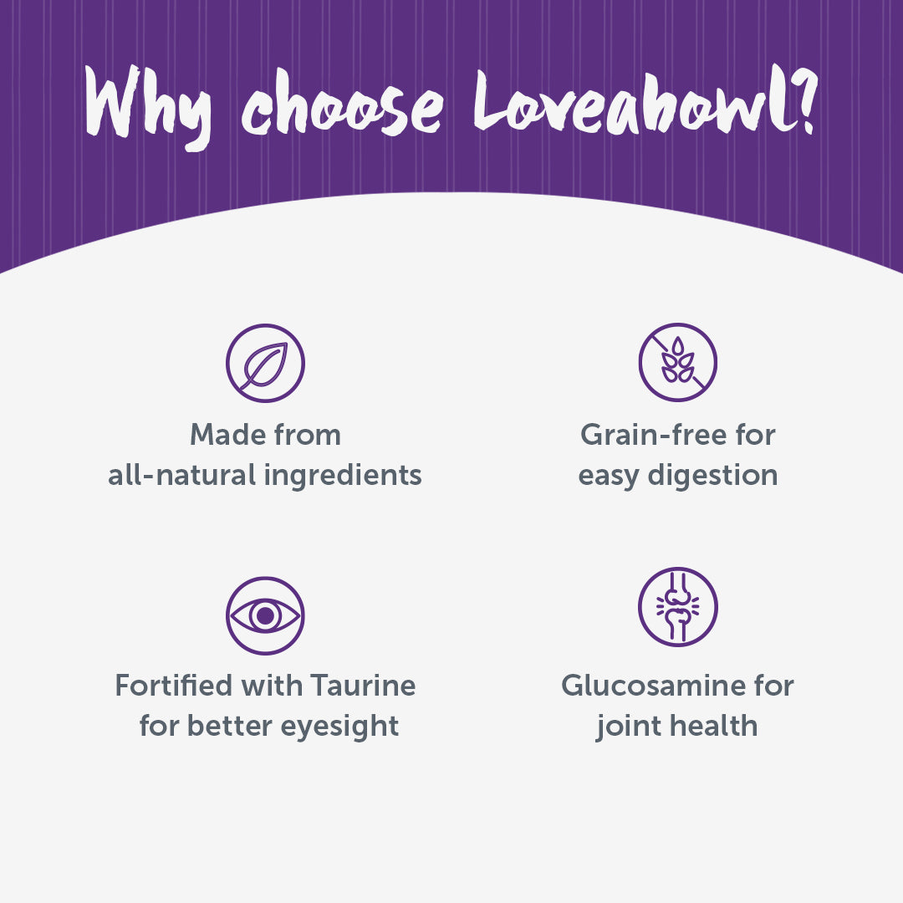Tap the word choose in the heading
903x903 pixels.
pyautogui.click(x=343, y=104)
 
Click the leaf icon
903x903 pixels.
pyautogui.click(x=266, y=364)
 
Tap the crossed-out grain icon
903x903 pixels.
pyautogui.click(x=678, y=362)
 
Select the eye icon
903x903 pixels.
pyautogui.click(x=266, y=615)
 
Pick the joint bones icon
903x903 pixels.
pyautogui.click(x=678, y=607)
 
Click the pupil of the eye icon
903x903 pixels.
pyautogui.click(x=266, y=615)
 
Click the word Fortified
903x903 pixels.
pyautogui.click(x=173, y=686)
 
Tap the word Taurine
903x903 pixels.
pyautogui.click(x=363, y=686)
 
